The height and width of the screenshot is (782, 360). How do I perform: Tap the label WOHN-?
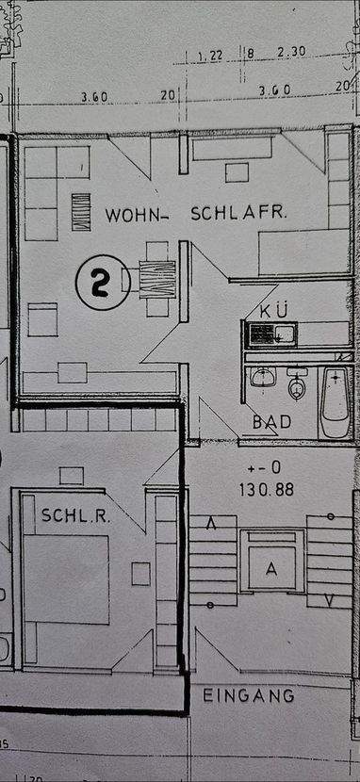pyautogui.click(x=138, y=214)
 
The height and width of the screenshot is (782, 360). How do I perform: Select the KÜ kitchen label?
pyautogui.click(x=261, y=310)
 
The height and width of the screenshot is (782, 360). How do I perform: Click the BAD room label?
pyautogui.click(x=271, y=422)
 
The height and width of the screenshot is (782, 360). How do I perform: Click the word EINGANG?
pyautogui.click(x=249, y=696)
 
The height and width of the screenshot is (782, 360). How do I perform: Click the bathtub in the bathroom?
pyautogui.click(x=334, y=402)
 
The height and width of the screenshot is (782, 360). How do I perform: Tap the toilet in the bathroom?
pyautogui.click(x=298, y=387)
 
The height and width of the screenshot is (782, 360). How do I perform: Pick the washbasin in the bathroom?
pyautogui.click(x=262, y=379)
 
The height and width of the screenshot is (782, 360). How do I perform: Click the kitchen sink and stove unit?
pyautogui.click(x=270, y=334)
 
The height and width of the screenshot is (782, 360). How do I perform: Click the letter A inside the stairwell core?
pyautogui.click(x=271, y=568)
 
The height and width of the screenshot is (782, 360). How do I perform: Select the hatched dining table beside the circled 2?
pyautogui.click(x=157, y=279)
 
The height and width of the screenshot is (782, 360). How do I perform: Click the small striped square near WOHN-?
pyautogui.click(x=81, y=211)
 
